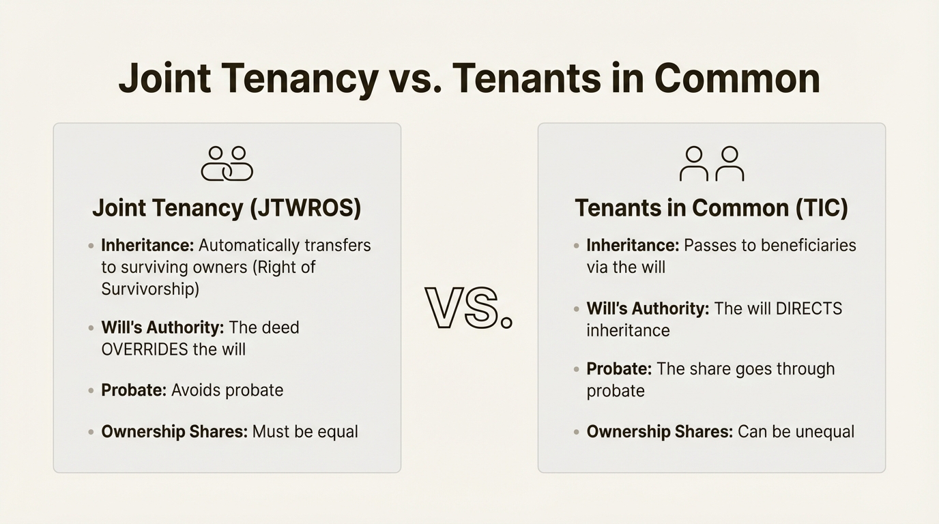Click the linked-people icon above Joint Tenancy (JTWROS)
coord(227,164)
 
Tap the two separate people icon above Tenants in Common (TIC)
coord(712,164)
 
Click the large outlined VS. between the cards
coord(468,308)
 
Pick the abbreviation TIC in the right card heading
coord(822,207)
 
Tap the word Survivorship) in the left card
coord(150,289)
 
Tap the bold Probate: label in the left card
coord(134,390)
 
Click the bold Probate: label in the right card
coord(619,369)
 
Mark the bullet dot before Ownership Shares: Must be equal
coord(91,432)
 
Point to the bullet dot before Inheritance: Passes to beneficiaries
coord(577,246)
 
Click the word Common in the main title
coord(737,78)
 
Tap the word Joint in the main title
coord(164,78)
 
